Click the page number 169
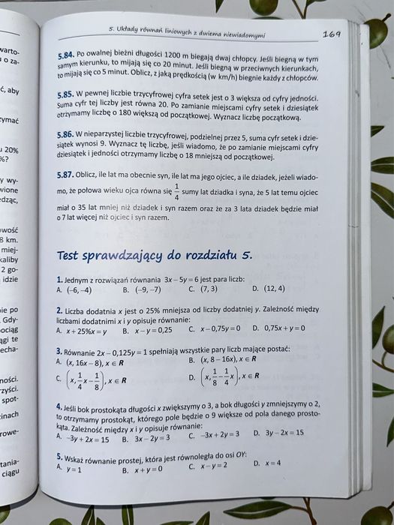point(332,33)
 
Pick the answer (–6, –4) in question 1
point(78,289)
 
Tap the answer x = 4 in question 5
point(272,463)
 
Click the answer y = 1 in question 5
point(74,468)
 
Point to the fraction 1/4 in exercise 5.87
point(177,193)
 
